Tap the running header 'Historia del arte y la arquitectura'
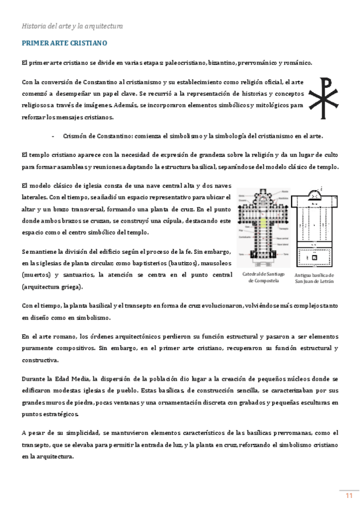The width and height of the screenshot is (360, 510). click(x=72, y=26)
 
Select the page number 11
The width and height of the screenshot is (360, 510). click(x=348, y=478)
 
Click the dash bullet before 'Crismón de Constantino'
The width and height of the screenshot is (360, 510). click(x=53, y=137)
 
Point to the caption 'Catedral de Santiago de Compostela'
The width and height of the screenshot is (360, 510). click(x=260, y=278)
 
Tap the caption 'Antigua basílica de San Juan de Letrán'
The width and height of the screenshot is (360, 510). click(x=314, y=278)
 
